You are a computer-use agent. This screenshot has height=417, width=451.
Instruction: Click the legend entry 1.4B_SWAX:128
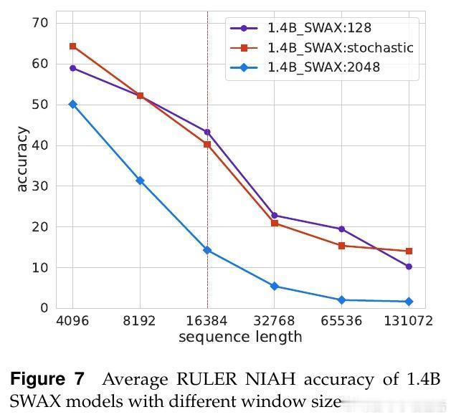tap(320, 29)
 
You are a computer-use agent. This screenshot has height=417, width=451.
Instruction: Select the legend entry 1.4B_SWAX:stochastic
tap(341, 48)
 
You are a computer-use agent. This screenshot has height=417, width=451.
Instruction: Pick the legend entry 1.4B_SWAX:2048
tap(323, 67)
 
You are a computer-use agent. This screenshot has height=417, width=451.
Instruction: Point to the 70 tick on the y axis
tap(40, 23)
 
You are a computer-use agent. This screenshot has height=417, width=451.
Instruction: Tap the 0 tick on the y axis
tap(44, 308)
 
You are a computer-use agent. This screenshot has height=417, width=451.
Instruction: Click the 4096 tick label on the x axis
tap(72, 321)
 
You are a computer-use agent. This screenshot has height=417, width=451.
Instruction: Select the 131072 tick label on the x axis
tap(409, 321)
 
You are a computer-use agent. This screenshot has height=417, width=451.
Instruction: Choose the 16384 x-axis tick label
tap(207, 321)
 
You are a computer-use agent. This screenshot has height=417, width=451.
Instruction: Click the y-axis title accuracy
tap(22, 159)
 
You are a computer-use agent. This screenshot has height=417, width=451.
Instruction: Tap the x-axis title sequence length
tap(240, 337)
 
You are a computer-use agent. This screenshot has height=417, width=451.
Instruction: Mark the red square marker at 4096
tap(72, 47)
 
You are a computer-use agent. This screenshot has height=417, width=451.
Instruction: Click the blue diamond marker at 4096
tap(72, 104)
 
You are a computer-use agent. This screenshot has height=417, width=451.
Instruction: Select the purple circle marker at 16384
tap(207, 132)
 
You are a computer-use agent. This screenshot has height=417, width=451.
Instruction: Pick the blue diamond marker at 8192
tap(140, 181)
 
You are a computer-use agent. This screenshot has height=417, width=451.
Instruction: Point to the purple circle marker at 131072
tap(409, 267)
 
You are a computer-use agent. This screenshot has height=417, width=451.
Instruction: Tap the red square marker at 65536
tap(341, 246)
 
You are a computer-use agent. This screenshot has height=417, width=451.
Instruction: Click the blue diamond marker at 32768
tap(275, 286)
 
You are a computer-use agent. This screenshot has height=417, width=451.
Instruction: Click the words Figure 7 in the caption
tap(47, 378)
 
